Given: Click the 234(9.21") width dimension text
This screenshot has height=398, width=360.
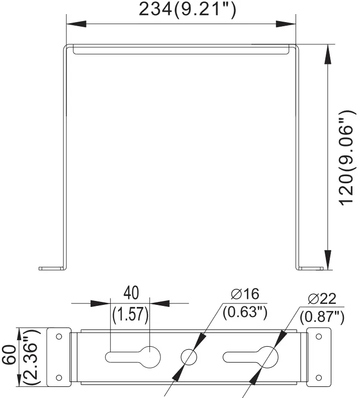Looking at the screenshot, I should (187, 10).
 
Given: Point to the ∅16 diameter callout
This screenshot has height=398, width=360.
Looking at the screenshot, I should (245, 294).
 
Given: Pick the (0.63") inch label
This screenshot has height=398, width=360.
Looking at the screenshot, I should (244, 312).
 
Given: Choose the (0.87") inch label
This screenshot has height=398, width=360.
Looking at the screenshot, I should (322, 317).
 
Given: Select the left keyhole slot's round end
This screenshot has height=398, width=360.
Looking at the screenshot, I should (149, 356).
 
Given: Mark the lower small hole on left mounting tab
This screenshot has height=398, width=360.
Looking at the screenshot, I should (59, 377).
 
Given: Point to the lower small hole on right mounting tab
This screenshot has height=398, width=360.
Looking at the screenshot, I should (318, 377).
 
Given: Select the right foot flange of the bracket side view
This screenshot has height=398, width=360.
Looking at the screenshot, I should (310, 268).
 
